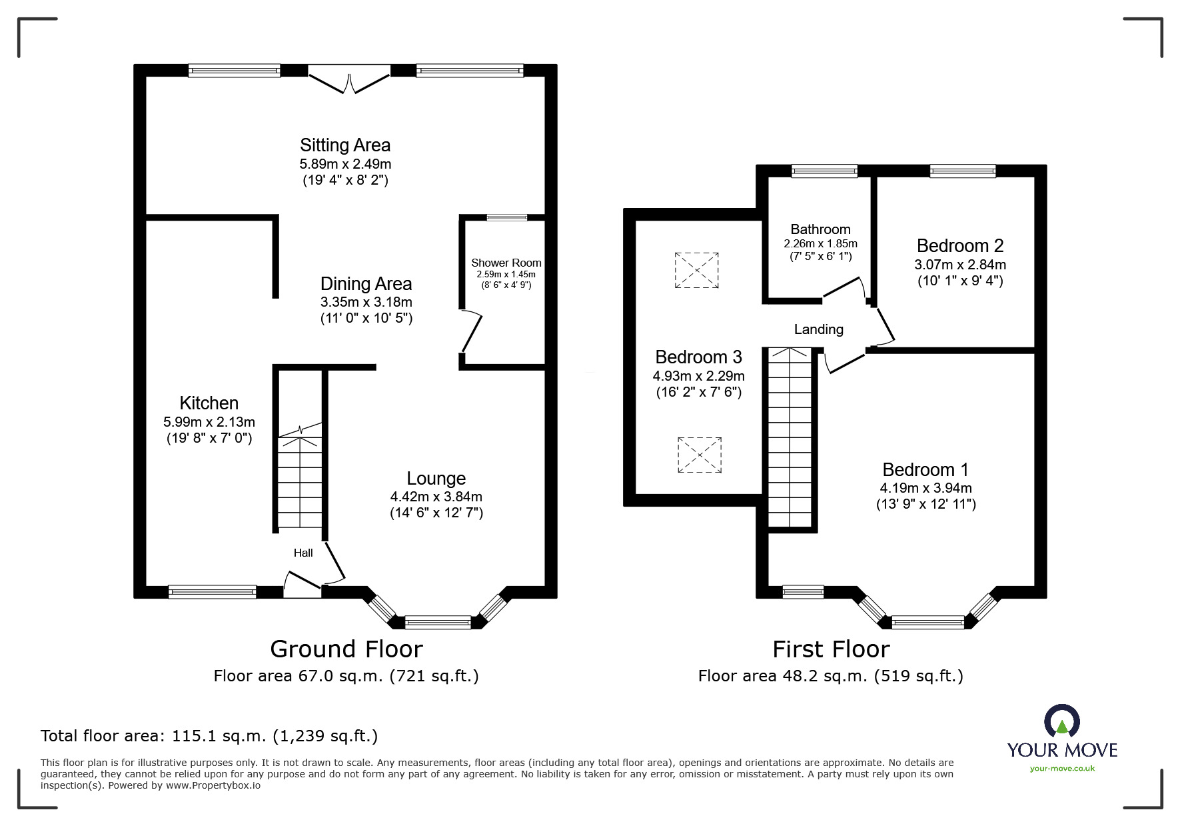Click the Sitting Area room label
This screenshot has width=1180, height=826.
click(x=344, y=145)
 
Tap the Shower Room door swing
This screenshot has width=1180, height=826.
click(x=472, y=331)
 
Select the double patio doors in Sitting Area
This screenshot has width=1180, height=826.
click(x=349, y=79)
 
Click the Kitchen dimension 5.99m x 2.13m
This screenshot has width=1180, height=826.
click(x=209, y=422)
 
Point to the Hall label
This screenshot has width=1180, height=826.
click(x=303, y=553)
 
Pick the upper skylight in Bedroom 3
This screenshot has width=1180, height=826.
click(x=696, y=270)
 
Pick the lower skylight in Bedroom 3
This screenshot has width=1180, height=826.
click(x=699, y=455)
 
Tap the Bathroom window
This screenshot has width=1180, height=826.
click(x=824, y=171)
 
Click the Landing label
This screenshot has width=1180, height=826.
click(x=818, y=329)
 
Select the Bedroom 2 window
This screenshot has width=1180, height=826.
click(x=963, y=171)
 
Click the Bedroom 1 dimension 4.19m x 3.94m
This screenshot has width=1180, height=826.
click(x=925, y=488)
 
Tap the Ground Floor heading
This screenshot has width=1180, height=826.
click(x=346, y=649)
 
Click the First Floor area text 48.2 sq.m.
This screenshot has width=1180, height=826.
click(x=830, y=676)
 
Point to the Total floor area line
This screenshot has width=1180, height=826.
click(x=209, y=736)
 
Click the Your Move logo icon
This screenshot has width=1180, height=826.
click(x=1061, y=721)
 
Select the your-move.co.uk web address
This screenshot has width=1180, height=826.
click(x=1062, y=769)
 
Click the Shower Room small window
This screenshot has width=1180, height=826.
click(x=506, y=217)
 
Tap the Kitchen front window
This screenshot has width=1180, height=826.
click(x=212, y=591)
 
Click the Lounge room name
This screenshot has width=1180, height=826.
click(x=436, y=479)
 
